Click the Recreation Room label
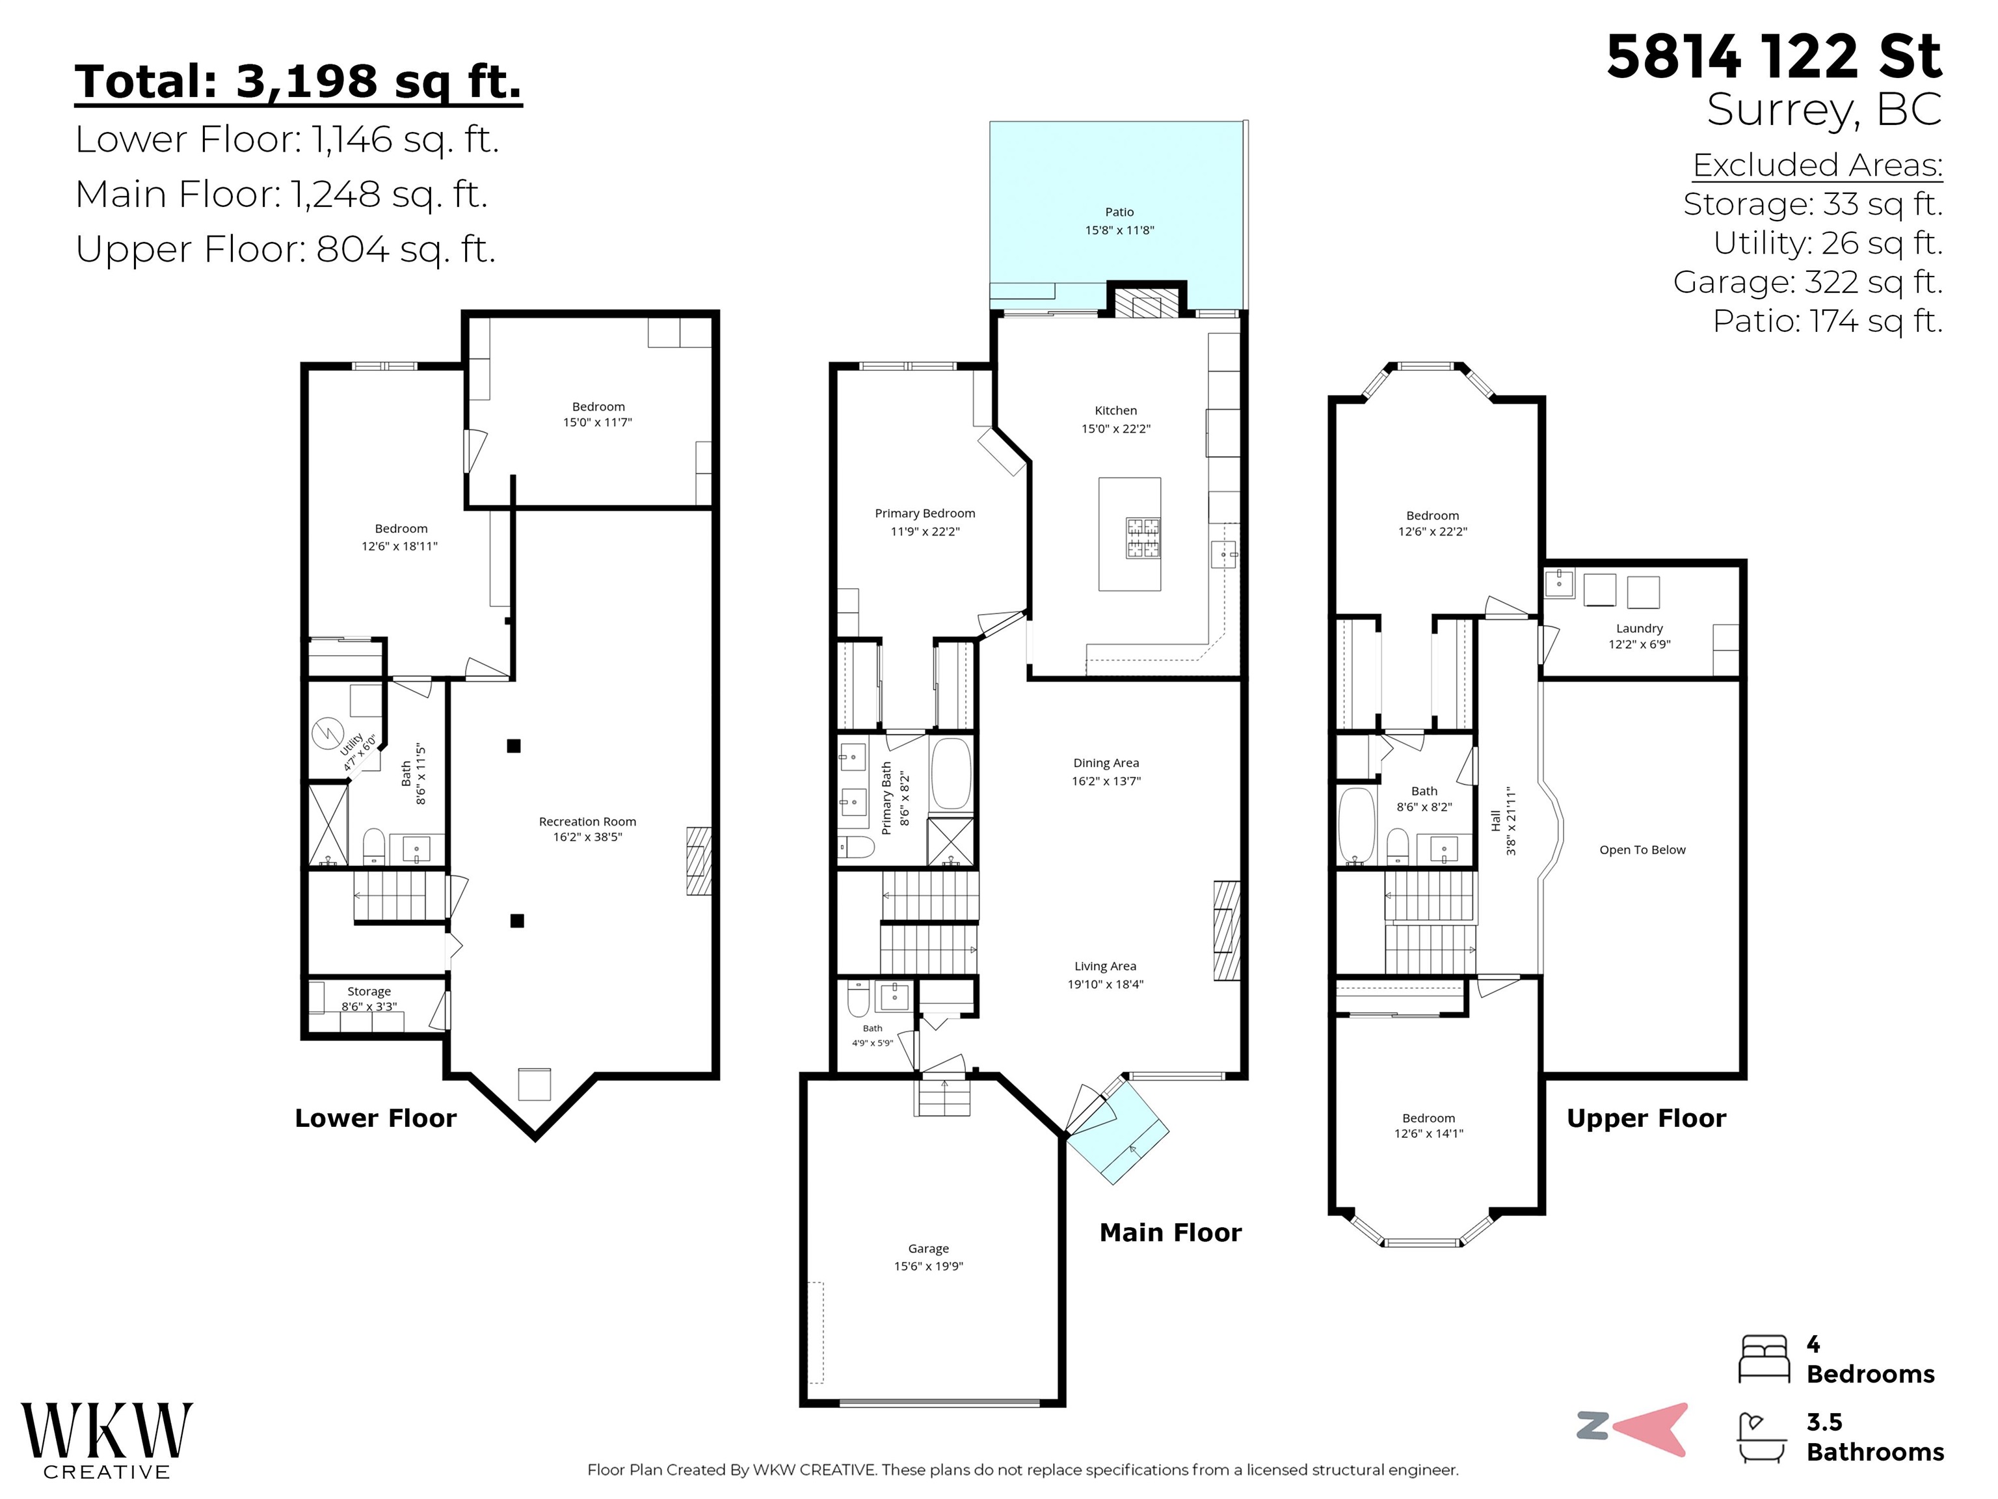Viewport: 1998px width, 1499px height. [587, 821]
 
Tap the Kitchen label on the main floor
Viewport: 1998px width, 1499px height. [1115, 411]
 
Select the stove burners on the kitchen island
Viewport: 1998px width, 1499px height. [1143, 539]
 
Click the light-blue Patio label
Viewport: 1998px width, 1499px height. [1119, 211]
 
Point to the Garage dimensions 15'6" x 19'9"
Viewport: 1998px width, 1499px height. [929, 1266]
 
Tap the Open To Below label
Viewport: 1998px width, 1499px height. [1642, 849]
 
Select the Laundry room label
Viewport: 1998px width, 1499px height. [1640, 628]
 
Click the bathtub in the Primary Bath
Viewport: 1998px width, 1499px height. [950, 774]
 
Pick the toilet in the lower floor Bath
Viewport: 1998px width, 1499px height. [374, 846]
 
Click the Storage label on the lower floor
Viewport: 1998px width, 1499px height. [369, 992]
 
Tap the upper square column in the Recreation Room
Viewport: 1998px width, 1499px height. [514, 746]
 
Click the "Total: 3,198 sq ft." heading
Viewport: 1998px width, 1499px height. [298, 81]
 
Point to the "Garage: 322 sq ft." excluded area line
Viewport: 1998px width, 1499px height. [1807, 282]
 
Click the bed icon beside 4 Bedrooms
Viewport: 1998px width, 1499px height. [1763, 1359]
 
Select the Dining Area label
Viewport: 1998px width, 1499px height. [1106, 763]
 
